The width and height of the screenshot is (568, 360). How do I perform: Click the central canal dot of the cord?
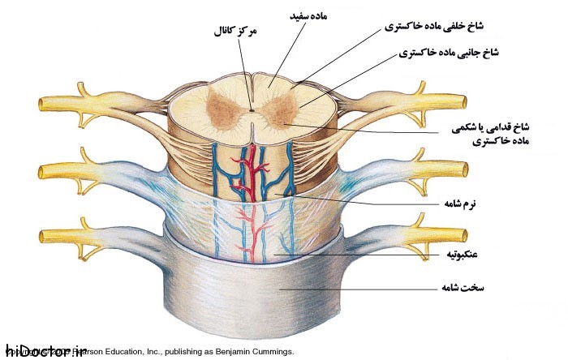pyautogui.click(x=252, y=109)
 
